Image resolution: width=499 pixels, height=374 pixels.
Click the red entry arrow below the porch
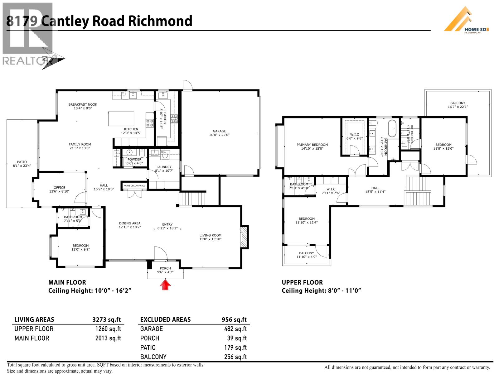click(x=166, y=285)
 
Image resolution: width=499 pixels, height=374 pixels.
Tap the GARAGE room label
click(x=219, y=131)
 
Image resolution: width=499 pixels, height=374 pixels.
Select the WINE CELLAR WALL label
click(x=134, y=186)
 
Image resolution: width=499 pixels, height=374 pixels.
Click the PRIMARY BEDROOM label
click(x=312, y=145)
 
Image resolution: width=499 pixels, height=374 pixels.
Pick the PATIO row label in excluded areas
click(x=148, y=348)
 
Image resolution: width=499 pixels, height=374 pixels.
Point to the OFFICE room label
click(x=59, y=188)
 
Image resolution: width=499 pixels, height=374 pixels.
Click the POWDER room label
click(x=134, y=159)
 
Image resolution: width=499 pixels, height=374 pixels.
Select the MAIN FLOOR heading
click(x=67, y=282)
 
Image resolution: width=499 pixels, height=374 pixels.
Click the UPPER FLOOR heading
click(x=302, y=282)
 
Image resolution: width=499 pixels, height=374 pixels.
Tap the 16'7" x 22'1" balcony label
click(x=458, y=107)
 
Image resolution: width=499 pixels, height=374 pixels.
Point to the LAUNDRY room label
click(x=164, y=167)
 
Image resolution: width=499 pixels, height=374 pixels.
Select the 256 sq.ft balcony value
click(x=235, y=357)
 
